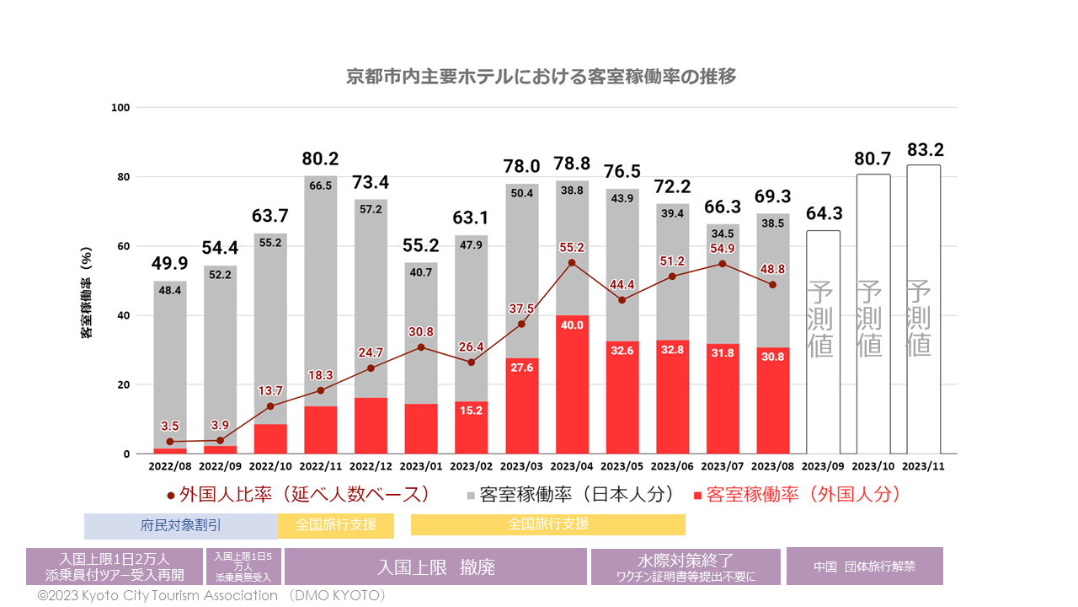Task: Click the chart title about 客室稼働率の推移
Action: pos(542,77)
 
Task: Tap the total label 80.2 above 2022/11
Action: pos(320,158)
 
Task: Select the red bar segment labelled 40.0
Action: pos(571,384)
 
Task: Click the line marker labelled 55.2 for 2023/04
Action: pos(571,263)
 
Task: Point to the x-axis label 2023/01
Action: pos(420,465)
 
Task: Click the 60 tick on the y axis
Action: pos(123,246)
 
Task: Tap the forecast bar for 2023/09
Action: pos(823,341)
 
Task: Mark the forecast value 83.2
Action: pos(926,150)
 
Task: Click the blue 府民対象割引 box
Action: pos(180,524)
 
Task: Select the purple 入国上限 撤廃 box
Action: pos(435,567)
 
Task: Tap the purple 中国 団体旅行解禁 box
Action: pos(864,567)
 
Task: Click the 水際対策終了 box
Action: pos(686,567)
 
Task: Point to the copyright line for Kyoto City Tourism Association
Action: pos(211,595)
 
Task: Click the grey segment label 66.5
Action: pos(320,185)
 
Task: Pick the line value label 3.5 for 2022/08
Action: pos(170,427)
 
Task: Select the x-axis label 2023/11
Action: pos(923,465)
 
